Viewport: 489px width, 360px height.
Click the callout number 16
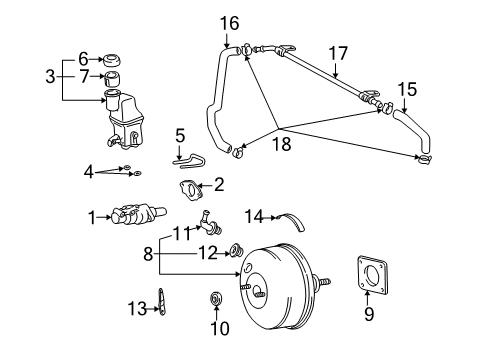229,24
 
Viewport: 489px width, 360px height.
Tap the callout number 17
338,54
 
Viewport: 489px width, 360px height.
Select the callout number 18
282,144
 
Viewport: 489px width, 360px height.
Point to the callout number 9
369,314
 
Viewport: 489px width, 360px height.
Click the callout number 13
137,309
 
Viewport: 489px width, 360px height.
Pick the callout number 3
50,76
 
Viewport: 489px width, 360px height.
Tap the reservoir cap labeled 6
111,60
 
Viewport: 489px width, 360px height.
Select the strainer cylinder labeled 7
112,78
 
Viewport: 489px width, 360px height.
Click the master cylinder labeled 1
139,216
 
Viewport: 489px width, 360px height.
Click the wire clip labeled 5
189,161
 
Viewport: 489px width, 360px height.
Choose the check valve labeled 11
210,223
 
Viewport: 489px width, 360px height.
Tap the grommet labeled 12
237,250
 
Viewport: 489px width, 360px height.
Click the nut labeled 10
216,298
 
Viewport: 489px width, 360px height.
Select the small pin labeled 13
162,302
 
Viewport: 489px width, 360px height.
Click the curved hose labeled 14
293,221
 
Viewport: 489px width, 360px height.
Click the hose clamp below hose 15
424,159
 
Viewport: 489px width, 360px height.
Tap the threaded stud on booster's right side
321,282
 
